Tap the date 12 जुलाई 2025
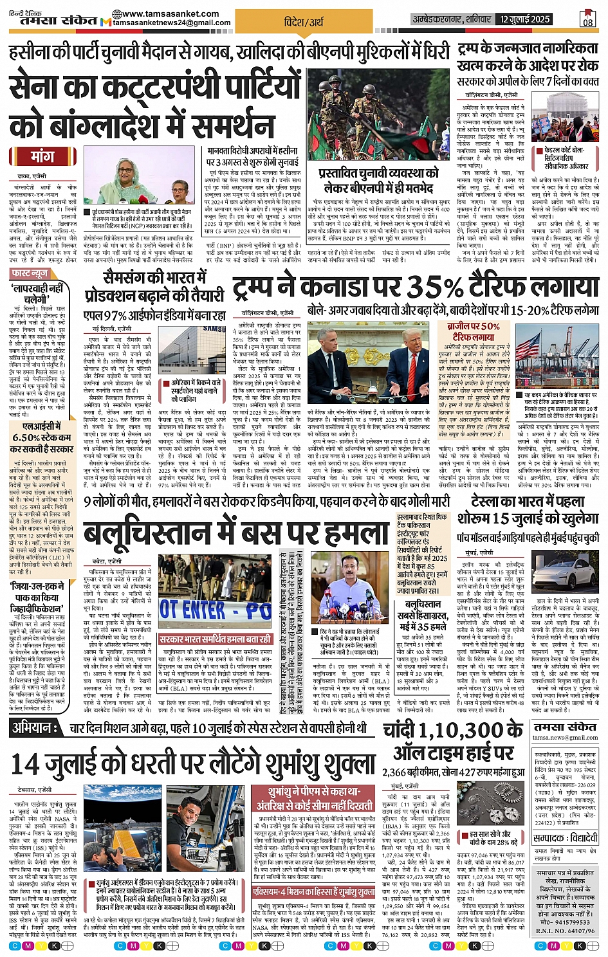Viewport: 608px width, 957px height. pos(525,19)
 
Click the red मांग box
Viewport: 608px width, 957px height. pos(42,157)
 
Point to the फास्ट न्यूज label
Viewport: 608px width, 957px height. pos(30,273)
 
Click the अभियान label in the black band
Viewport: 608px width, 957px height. pos(32,727)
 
